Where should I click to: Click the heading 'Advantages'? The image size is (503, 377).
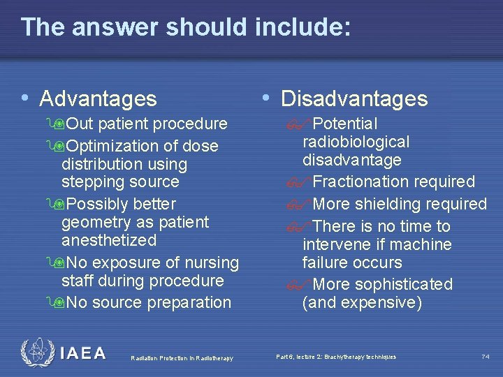click(x=98, y=98)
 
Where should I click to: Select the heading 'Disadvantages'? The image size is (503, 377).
click(x=353, y=98)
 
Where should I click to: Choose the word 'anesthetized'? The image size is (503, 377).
click(x=109, y=240)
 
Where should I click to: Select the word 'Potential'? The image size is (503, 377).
click(x=345, y=124)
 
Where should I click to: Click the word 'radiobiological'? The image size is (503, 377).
click(x=356, y=142)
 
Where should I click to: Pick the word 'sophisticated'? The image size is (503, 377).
click(x=403, y=284)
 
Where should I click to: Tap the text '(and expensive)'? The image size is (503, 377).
click(x=362, y=302)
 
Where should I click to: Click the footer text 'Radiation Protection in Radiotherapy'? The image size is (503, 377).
click(x=181, y=358)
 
